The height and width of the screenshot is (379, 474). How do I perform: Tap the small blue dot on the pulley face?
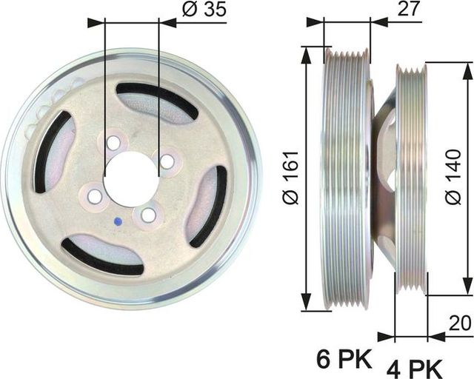click(x=117, y=221)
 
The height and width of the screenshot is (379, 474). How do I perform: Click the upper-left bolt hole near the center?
click(x=113, y=142)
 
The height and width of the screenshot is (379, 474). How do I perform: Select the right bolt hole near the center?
click(x=167, y=161)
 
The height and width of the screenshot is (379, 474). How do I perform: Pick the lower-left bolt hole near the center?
click(x=96, y=196)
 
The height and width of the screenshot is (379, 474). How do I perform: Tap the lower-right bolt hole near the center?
click(x=149, y=215)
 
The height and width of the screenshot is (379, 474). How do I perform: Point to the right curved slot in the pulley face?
click(x=210, y=207)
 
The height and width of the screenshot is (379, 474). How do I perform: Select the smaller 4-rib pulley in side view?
click(x=411, y=178)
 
